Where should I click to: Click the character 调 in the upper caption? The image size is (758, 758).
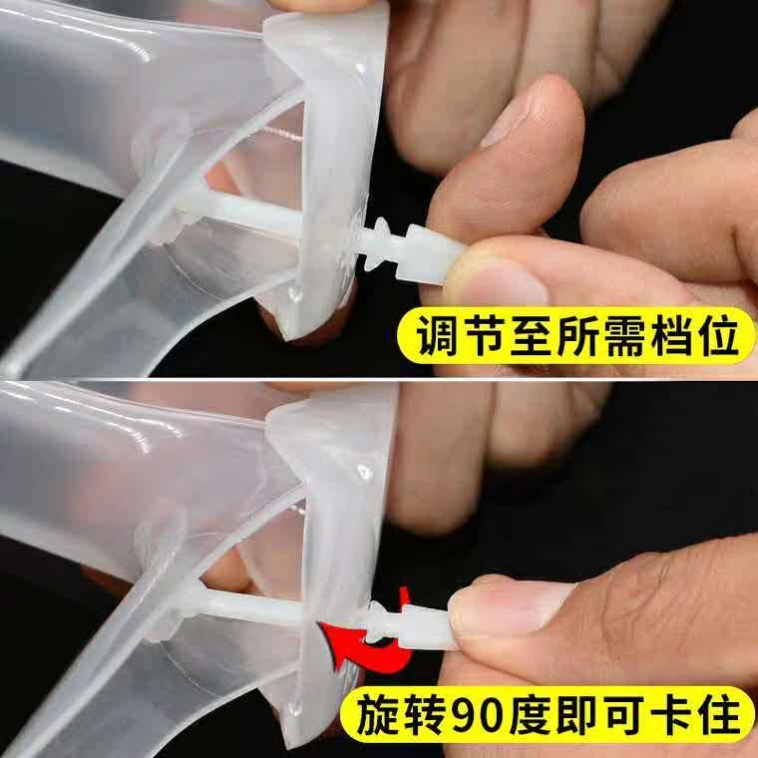[437, 335]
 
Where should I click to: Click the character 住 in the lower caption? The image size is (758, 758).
[720, 715]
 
